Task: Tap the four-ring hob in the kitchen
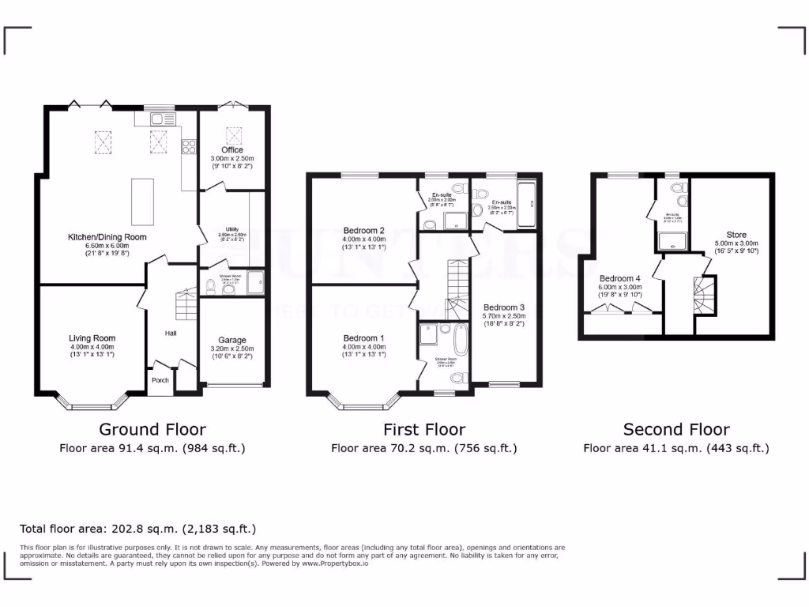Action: tap(189, 146)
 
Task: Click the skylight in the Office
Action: tap(232, 133)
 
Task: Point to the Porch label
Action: tap(160, 380)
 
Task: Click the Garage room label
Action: tap(232, 341)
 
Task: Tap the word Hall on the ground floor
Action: tap(171, 334)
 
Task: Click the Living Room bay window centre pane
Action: tap(92, 407)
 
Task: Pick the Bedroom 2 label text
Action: tap(364, 231)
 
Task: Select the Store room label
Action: tap(736, 235)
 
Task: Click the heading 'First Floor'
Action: tap(423, 430)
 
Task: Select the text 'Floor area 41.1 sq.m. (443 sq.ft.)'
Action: tap(675, 448)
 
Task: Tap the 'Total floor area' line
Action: tap(137, 529)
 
